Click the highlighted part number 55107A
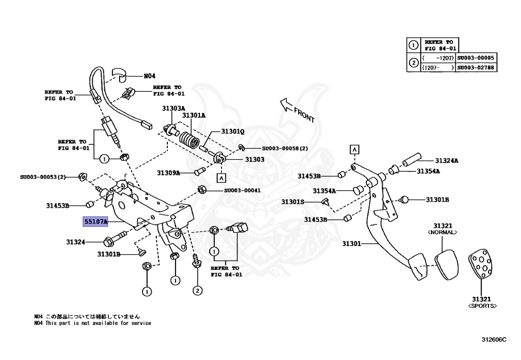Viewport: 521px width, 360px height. [96, 222]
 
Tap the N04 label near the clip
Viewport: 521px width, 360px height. [149, 76]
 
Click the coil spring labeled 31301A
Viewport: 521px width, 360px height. [191, 139]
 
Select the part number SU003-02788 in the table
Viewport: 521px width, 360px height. [476, 67]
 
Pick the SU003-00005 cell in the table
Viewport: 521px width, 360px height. [476, 58]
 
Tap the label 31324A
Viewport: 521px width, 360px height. [446, 161]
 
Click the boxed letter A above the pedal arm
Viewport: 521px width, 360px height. [354, 149]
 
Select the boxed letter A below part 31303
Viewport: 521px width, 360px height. [221, 178]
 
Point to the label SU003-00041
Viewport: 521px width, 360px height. [242, 190]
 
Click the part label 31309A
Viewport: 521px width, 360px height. [169, 173]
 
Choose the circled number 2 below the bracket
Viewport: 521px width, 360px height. [197, 290]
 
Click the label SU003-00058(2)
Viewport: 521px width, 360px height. [285, 149]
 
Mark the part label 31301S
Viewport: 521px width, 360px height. [293, 202]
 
